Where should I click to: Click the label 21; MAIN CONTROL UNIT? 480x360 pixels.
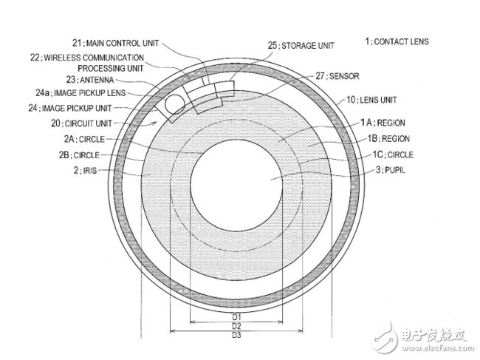click(116, 43)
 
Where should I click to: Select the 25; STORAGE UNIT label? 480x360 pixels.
click(301, 46)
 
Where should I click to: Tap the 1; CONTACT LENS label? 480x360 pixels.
click(397, 41)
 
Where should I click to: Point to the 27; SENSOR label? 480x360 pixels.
click(337, 76)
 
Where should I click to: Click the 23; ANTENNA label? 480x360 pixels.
click(90, 80)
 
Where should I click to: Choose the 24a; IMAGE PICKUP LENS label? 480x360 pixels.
click(80, 93)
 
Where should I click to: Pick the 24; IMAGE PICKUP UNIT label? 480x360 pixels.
click(70, 108)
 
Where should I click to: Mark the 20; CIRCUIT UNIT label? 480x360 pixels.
click(81, 123)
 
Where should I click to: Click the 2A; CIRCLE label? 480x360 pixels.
click(84, 139)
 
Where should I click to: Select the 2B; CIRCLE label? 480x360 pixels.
click(79, 155)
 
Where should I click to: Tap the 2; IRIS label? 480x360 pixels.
click(85, 170)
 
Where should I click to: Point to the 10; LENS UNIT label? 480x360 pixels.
click(371, 100)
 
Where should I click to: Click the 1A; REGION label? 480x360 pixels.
click(383, 123)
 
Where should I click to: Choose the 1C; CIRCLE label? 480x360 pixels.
click(393, 154)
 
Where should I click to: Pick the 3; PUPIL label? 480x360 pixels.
click(391, 170)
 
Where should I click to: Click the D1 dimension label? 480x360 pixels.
click(236, 317)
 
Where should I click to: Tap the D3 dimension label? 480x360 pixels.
click(236, 335)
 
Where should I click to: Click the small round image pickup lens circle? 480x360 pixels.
click(175, 104)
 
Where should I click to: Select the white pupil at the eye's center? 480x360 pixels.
click(236, 186)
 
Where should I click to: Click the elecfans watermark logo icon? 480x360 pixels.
click(385, 338)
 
